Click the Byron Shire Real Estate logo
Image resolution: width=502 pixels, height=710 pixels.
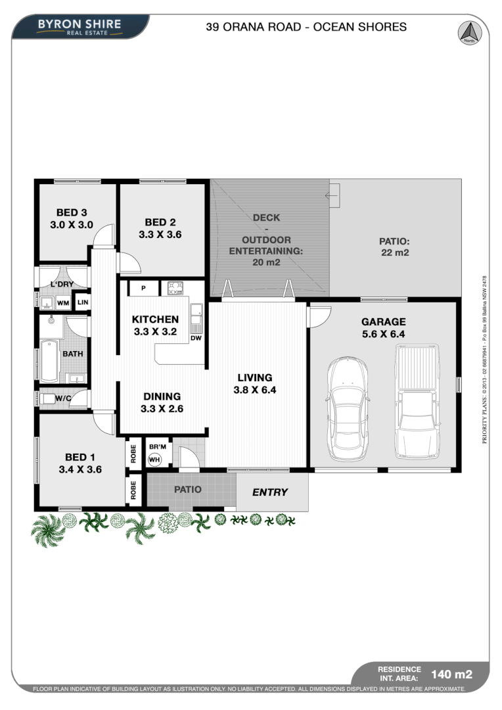click(80, 27)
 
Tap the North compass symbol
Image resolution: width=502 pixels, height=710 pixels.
click(468, 32)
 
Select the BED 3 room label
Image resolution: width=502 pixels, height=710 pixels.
click(72, 218)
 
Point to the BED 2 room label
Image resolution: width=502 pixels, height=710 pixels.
click(160, 227)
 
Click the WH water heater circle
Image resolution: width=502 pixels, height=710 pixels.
click(154, 460)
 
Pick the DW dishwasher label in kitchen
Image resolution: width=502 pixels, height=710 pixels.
click(196, 338)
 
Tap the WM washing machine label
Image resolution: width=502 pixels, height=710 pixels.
click(63, 303)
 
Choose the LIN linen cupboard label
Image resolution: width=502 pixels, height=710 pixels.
click(83, 302)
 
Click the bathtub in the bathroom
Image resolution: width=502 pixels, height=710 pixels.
click(49, 360)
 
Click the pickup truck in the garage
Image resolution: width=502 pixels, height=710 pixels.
click(417, 398)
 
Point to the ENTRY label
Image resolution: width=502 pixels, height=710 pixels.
click(270, 492)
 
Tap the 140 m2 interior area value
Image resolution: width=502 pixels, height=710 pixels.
click(451, 674)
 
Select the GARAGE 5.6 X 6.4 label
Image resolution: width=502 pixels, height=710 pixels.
click(383, 327)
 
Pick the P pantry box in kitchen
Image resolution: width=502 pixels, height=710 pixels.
click(143, 288)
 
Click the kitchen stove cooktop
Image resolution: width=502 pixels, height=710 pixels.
click(174, 287)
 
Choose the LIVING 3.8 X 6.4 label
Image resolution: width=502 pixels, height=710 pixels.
click(255, 383)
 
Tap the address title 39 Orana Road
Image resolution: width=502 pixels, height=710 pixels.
click(306, 27)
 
